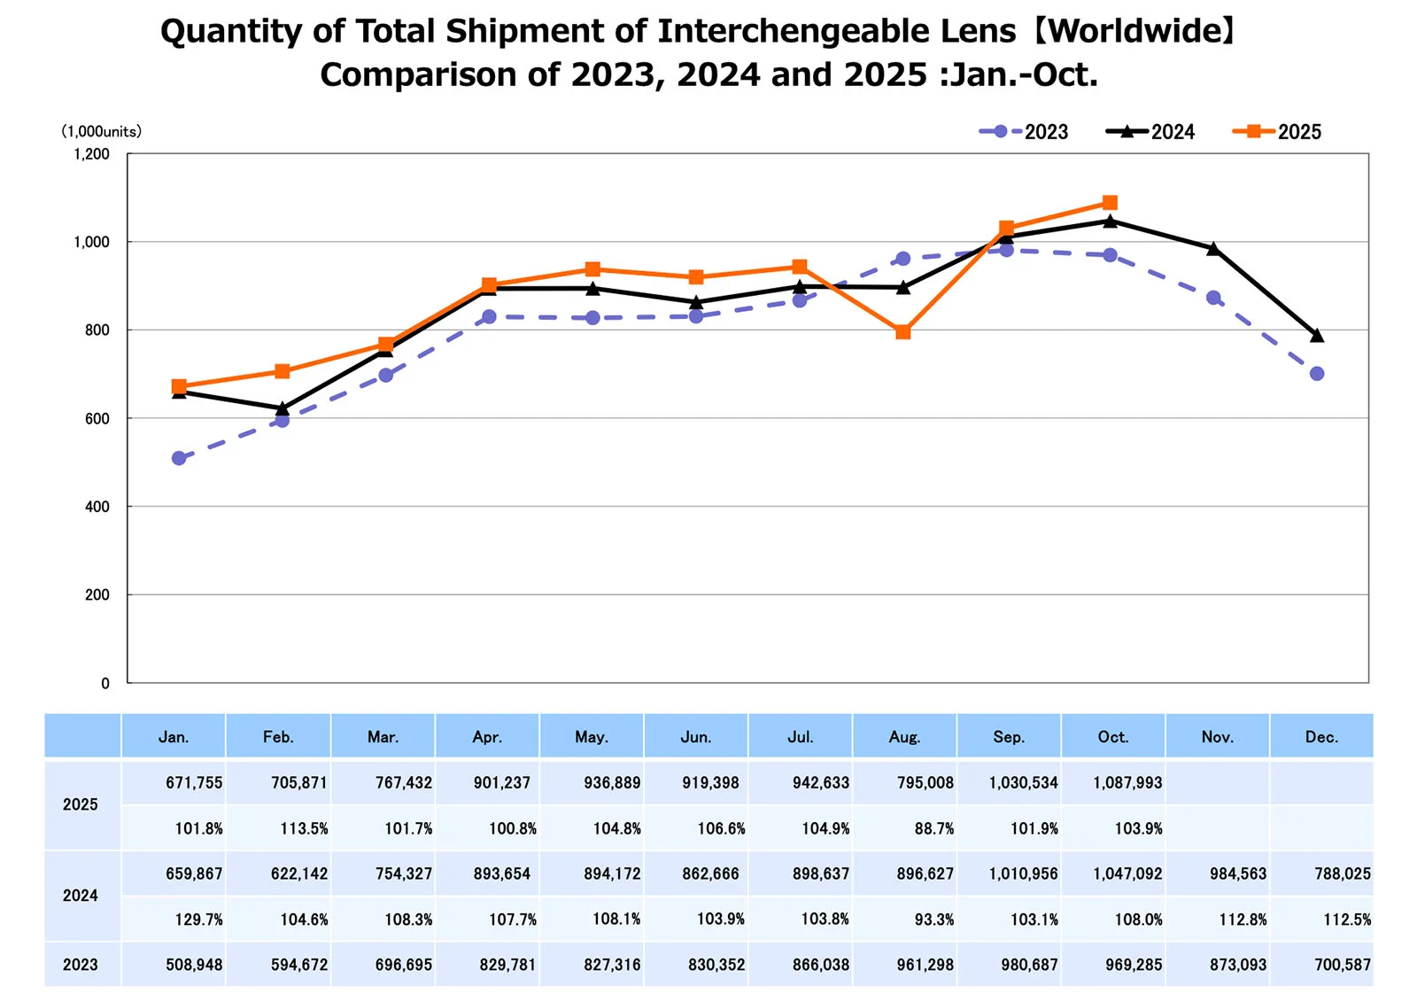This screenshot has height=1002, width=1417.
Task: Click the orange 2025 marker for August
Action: point(902,332)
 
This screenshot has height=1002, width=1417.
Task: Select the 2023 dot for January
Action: point(179,458)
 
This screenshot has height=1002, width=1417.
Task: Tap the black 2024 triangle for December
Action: point(1317,336)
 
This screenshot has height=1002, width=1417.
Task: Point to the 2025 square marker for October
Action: point(1110,203)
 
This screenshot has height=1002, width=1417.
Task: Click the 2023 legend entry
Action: point(1024,132)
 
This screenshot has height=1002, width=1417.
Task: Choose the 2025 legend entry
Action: point(1277,132)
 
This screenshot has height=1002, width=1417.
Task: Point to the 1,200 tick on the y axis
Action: point(92,154)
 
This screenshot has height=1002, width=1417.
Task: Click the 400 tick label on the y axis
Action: point(97,507)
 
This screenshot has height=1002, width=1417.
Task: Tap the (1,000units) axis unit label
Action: point(101,131)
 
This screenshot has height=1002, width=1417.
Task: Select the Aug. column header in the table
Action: point(904,737)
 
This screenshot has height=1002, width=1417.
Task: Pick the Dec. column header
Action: point(1321,737)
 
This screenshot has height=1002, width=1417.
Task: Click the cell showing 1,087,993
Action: point(1127,783)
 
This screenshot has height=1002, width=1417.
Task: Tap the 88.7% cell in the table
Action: point(934,829)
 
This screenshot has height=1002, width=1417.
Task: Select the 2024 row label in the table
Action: point(81,896)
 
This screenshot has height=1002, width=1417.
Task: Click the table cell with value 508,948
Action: point(194,965)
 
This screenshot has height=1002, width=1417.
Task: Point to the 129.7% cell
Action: point(198,920)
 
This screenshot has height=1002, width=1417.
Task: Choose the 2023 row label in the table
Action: point(81,965)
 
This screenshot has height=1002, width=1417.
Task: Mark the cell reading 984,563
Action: point(1238,874)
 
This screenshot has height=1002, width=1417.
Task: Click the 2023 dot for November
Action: point(1213,298)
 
